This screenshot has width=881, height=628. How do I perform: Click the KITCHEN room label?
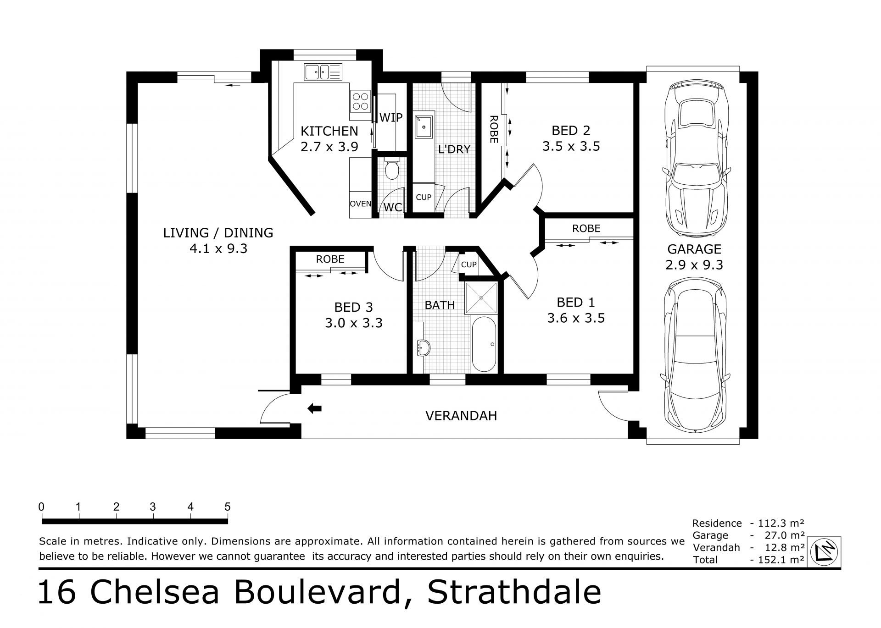[x=329, y=131]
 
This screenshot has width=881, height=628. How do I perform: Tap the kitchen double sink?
[x=323, y=72]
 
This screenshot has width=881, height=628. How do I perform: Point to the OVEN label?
[x=360, y=204]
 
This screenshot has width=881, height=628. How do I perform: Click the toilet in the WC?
[x=392, y=170]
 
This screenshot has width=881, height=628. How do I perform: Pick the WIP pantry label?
[x=391, y=117]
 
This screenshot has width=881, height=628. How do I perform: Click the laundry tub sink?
[x=423, y=127]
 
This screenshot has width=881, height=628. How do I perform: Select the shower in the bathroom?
[x=481, y=298]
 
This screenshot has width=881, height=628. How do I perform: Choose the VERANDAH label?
[x=461, y=416]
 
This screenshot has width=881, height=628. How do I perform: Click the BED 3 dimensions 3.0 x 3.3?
[x=354, y=323]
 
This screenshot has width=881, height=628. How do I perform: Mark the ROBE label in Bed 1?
[x=586, y=228]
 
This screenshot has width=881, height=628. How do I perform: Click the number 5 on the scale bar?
[x=227, y=507]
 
